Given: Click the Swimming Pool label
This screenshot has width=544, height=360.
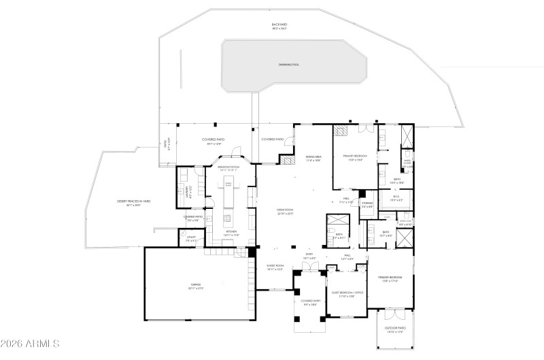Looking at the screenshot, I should [x=289, y=65].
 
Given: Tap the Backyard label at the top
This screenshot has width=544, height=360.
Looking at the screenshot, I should [x=279, y=27].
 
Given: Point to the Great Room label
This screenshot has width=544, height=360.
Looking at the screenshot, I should [x=284, y=212].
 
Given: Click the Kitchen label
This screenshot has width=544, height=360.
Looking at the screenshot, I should [x=231, y=233].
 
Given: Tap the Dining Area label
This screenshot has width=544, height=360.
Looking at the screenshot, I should [x=313, y=158].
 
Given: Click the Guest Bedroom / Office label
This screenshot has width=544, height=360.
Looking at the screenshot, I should [x=348, y=293].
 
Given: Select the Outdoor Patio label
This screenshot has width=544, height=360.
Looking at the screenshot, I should [x=395, y=331].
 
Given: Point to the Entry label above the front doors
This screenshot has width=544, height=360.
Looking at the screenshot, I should [x=308, y=257].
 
